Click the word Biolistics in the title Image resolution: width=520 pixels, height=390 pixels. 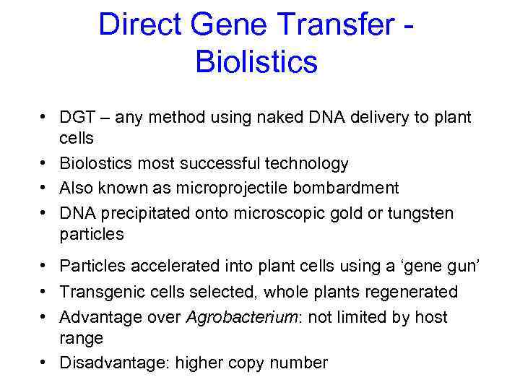click(256, 63)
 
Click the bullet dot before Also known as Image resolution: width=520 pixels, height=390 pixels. click(44, 188)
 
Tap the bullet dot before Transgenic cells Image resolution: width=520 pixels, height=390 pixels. click(44, 292)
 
